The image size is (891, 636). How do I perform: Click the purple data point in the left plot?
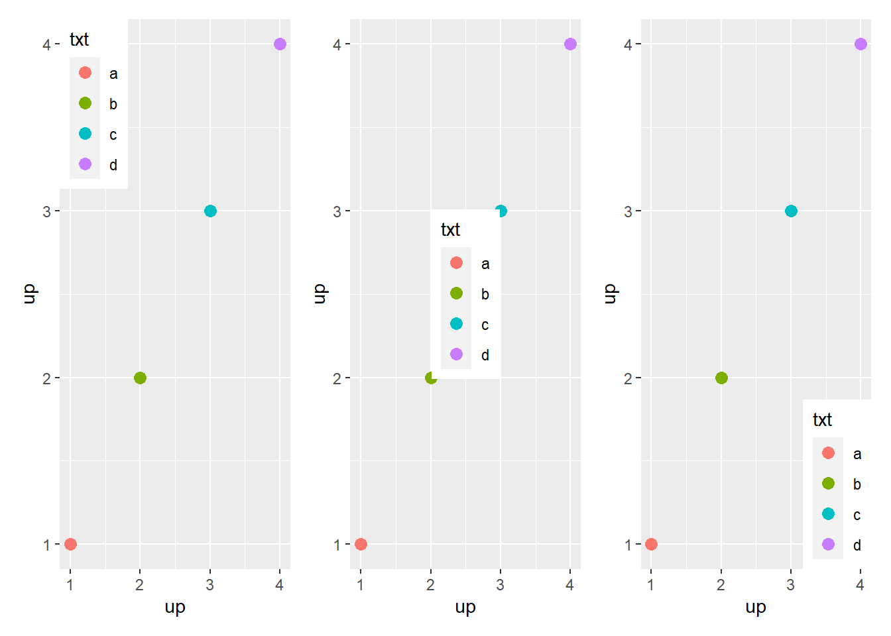(x=280, y=44)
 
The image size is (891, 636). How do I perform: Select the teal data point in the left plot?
(x=210, y=211)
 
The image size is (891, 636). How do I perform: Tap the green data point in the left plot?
(x=140, y=378)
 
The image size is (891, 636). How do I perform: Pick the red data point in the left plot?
(x=70, y=544)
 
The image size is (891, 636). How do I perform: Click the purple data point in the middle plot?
(x=570, y=44)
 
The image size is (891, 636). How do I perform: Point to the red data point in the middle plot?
(x=361, y=544)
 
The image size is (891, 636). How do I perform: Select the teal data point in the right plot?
(x=791, y=211)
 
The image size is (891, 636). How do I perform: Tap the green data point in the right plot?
(x=721, y=378)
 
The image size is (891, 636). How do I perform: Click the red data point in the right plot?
(x=651, y=544)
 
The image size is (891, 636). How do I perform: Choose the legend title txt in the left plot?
(x=80, y=40)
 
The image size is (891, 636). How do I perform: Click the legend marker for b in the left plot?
(x=85, y=103)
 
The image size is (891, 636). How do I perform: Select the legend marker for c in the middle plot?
(x=456, y=324)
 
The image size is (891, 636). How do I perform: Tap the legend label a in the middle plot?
(x=485, y=264)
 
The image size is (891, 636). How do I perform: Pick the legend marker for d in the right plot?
(x=828, y=545)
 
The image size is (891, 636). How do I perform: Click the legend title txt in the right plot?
(x=822, y=420)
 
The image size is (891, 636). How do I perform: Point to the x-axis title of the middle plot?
(x=465, y=608)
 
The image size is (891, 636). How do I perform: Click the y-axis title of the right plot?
(x=610, y=293)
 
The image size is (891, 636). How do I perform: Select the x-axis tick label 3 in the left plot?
(x=210, y=585)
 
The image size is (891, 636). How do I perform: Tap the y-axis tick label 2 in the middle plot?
(x=337, y=378)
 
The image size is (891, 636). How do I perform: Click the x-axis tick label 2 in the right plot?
(x=721, y=585)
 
